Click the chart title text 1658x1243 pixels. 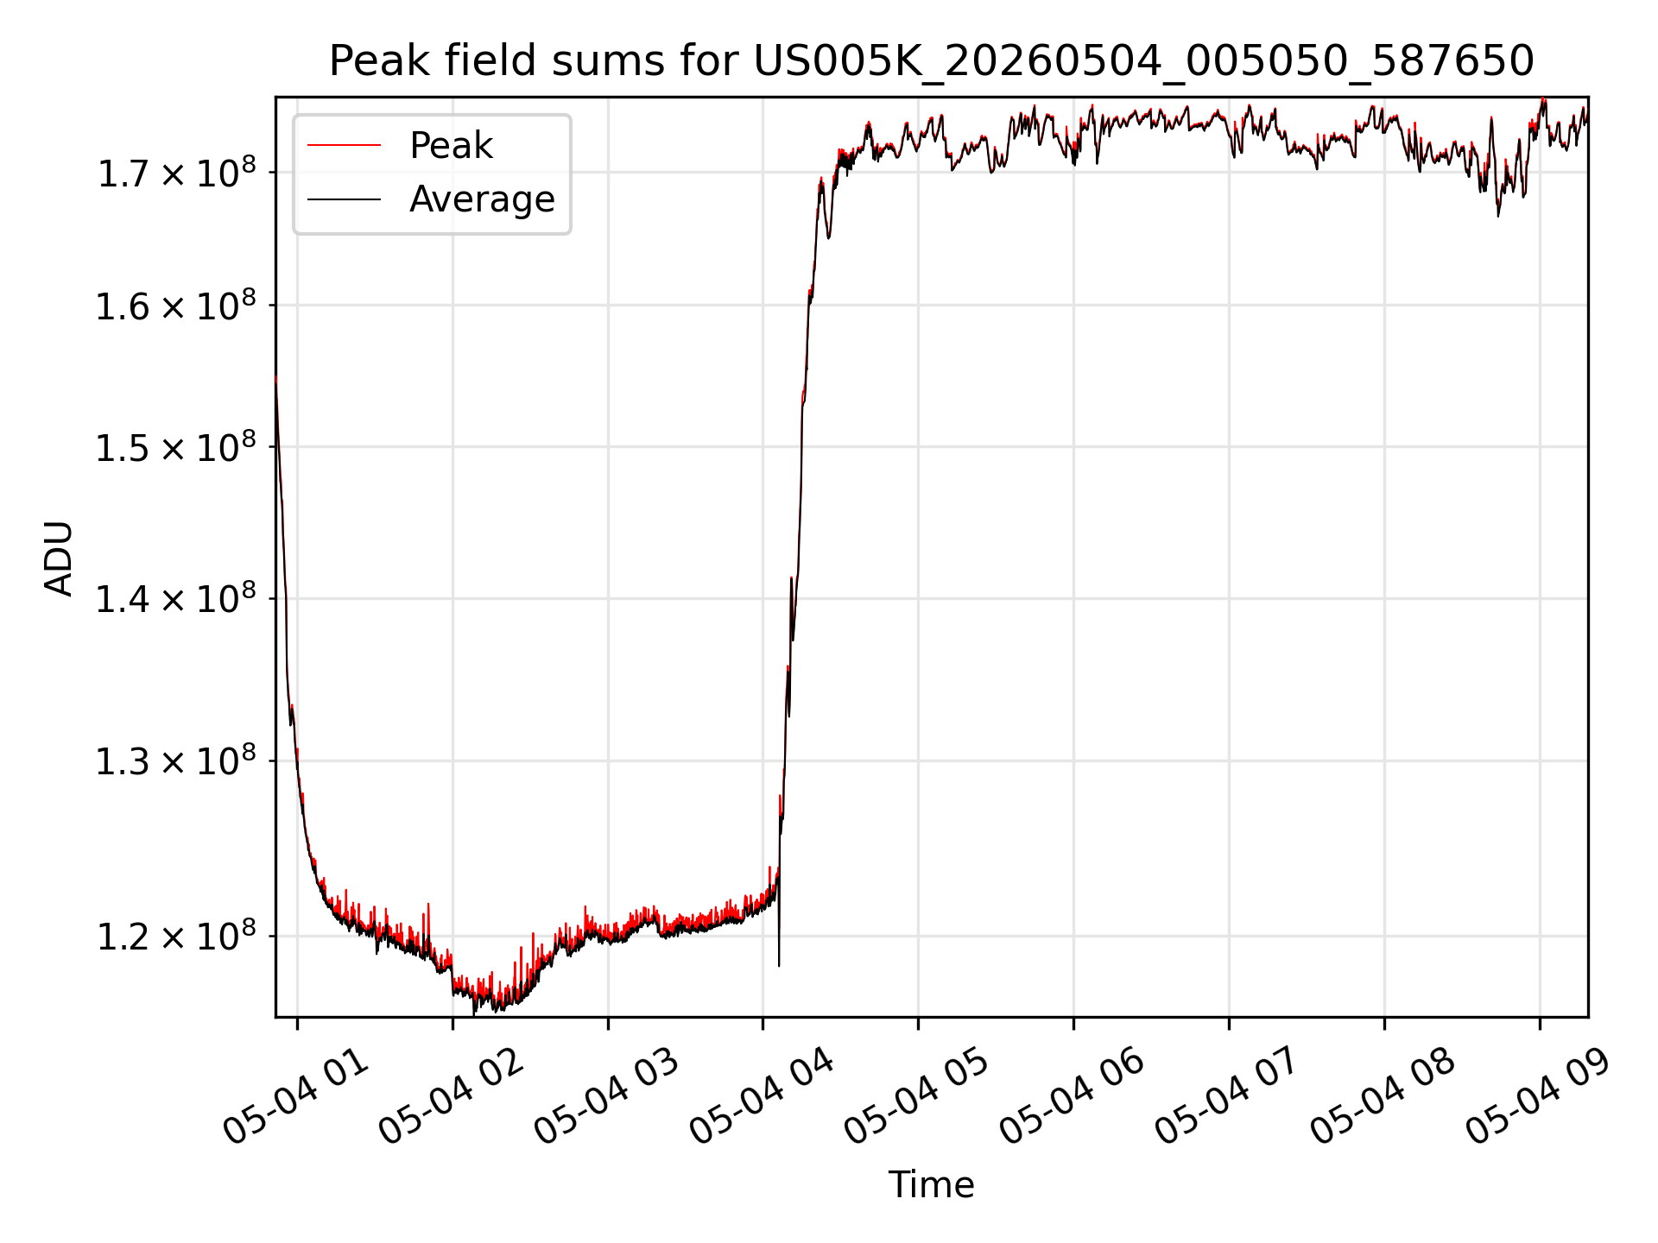(x=931, y=61)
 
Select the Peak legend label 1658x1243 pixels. (x=451, y=146)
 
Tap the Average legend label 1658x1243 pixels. (x=482, y=199)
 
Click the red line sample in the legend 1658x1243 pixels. (x=344, y=145)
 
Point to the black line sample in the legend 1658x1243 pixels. (x=344, y=199)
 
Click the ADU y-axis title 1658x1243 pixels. (x=59, y=558)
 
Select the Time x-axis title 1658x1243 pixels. (x=931, y=1184)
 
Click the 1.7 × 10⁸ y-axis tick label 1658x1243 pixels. (x=176, y=173)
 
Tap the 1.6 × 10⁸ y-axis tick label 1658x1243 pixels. (x=176, y=306)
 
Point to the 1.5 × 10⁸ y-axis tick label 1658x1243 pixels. (x=176, y=447)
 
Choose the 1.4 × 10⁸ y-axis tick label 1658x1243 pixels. (x=176, y=598)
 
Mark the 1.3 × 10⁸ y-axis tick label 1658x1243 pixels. (x=176, y=760)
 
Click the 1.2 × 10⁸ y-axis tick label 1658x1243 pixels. (x=176, y=936)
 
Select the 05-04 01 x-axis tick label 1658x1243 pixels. (x=296, y=1096)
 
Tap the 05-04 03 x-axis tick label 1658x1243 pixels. (x=607, y=1096)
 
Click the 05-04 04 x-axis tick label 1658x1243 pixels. (x=762, y=1096)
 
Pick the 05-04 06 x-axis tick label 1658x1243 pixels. (x=1073, y=1096)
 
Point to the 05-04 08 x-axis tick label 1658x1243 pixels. (x=1383, y=1096)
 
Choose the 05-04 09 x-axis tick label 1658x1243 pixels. (x=1539, y=1096)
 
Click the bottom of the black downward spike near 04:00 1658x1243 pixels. (x=779, y=966)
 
